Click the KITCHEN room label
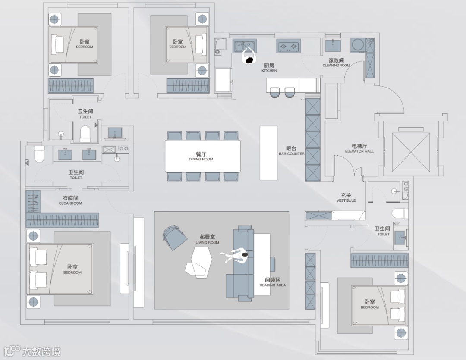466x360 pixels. click(x=269, y=68)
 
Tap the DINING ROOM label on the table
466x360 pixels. click(x=201, y=156)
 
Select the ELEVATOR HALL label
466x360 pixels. click(x=359, y=149)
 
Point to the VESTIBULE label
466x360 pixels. click(x=346, y=198)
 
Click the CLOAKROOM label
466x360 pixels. click(x=70, y=200)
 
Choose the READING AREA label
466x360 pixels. click(x=273, y=282)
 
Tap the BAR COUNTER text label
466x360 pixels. click(x=292, y=151)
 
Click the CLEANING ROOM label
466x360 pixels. click(x=336, y=63)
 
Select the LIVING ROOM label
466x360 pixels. click(x=208, y=239)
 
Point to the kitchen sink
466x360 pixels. click(x=244, y=45)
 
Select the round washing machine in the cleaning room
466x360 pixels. click(x=357, y=44)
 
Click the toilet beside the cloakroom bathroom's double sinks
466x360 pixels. click(x=39, y=154)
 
